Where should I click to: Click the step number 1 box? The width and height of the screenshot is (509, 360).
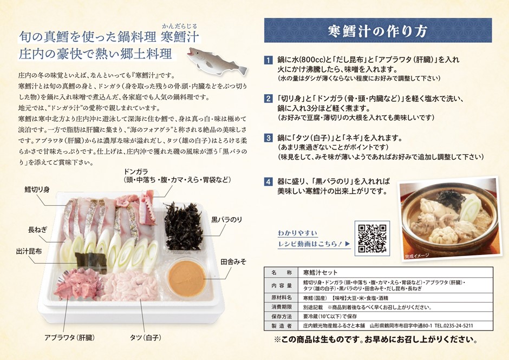[x=268, y=60]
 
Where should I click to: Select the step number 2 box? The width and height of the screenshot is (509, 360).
[x=268, y=99]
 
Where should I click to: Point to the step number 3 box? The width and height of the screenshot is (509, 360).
[x=268, y=138]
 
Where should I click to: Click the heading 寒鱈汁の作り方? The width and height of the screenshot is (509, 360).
[x=377, y=30]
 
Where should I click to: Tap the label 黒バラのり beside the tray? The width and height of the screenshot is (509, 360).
[x=230, y=219]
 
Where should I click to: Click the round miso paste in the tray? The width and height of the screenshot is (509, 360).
[x=186, y=278]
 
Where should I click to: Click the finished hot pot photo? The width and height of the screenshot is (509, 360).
[x=447, y=219]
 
